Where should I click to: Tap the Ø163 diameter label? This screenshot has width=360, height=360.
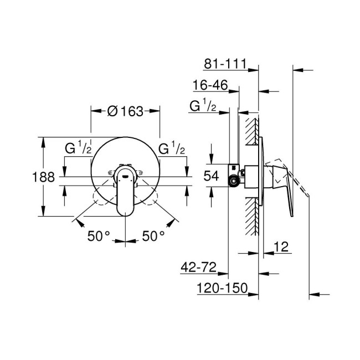point(125,111)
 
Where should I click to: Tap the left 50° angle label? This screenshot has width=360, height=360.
point(98,236)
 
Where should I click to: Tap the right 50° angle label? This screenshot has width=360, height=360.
point(153,236)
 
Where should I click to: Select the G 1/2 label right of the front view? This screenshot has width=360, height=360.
point(172,148)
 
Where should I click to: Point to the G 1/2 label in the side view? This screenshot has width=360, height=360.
point(203,106)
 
